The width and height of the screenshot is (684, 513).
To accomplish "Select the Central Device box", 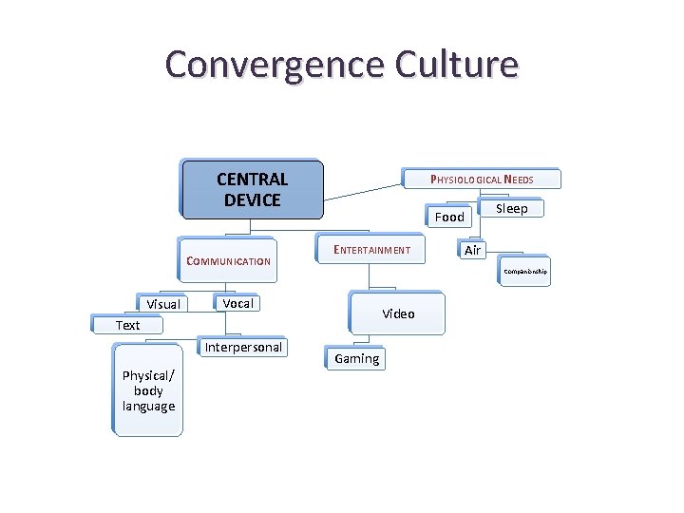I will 252,189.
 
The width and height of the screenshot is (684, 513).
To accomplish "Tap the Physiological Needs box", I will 482,179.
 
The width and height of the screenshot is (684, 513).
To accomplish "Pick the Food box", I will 448,217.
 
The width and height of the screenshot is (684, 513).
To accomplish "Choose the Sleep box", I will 511,208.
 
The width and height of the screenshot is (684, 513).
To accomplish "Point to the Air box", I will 472,250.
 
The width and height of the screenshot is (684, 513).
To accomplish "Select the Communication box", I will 228,261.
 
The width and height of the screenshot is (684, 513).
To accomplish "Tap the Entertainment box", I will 371,250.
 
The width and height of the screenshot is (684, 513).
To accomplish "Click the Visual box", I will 162,304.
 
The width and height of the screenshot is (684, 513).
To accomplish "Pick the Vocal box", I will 237,303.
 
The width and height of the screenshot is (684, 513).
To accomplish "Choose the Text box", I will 127,325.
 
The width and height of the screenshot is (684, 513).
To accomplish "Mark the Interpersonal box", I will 243,347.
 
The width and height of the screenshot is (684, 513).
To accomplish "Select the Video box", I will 397,313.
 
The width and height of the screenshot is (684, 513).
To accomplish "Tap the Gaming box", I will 356,358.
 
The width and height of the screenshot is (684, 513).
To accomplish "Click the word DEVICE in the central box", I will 252,200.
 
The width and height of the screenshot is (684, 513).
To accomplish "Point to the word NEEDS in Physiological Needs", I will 518,179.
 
